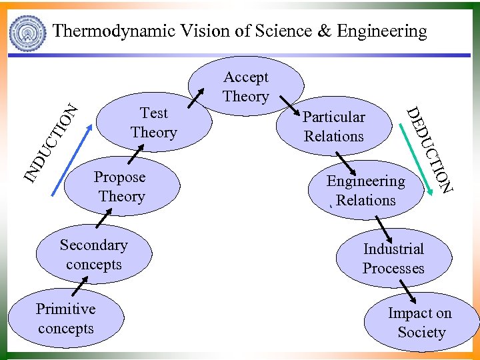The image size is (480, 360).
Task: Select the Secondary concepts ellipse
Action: point(93,255)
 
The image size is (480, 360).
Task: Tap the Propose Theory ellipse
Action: point(121,187)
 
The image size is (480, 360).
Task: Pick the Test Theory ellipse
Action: point(154,123)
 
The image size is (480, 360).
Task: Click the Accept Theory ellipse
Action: point(246,87)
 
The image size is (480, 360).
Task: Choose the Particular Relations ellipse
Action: point(334,127)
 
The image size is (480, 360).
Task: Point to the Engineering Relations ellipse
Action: point(365,191)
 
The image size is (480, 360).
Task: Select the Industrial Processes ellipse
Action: point(393,259)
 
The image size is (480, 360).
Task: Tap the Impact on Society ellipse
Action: point(421,323)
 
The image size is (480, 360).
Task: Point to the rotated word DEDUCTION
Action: point(430,150)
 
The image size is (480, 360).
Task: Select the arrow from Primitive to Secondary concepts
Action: point(80,286)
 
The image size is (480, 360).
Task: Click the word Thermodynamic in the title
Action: point(114,31)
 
